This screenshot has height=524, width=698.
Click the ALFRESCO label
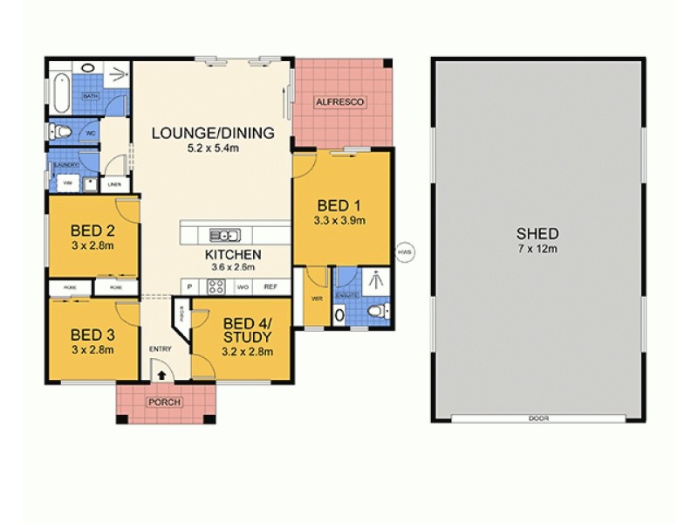pyautogui.click(x=339, y=103)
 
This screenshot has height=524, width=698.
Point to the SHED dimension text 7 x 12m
pyautogui.click(x=537, y=250)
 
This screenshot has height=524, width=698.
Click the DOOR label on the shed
pyautogui.click(x=538, y=419)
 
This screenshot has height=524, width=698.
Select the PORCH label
pyautogui.click(x=166, y=403)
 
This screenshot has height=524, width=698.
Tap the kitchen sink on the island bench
pyautogui.click(x=226, y=234)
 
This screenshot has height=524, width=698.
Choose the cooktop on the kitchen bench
pyautogui.click(x=216, y=286)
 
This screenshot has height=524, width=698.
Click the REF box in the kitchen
pyautogui.click(x=270, y=286)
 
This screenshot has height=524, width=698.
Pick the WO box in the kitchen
pyautogui.click(x=243, y=286)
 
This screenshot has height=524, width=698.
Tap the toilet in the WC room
pyautogui.click(x=64, y=133)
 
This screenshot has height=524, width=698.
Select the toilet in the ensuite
pyautogui.click(x=376, y=311)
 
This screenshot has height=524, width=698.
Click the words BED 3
pyautogui.click(x=92, y=334)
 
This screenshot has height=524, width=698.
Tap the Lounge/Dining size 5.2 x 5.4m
pyautogui.click(x=212, y=148)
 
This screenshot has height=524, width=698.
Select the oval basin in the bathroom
pyautogui.click(x=89, y=67)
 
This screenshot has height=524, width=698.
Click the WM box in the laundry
pyautogui.click(x=67, y=183)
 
